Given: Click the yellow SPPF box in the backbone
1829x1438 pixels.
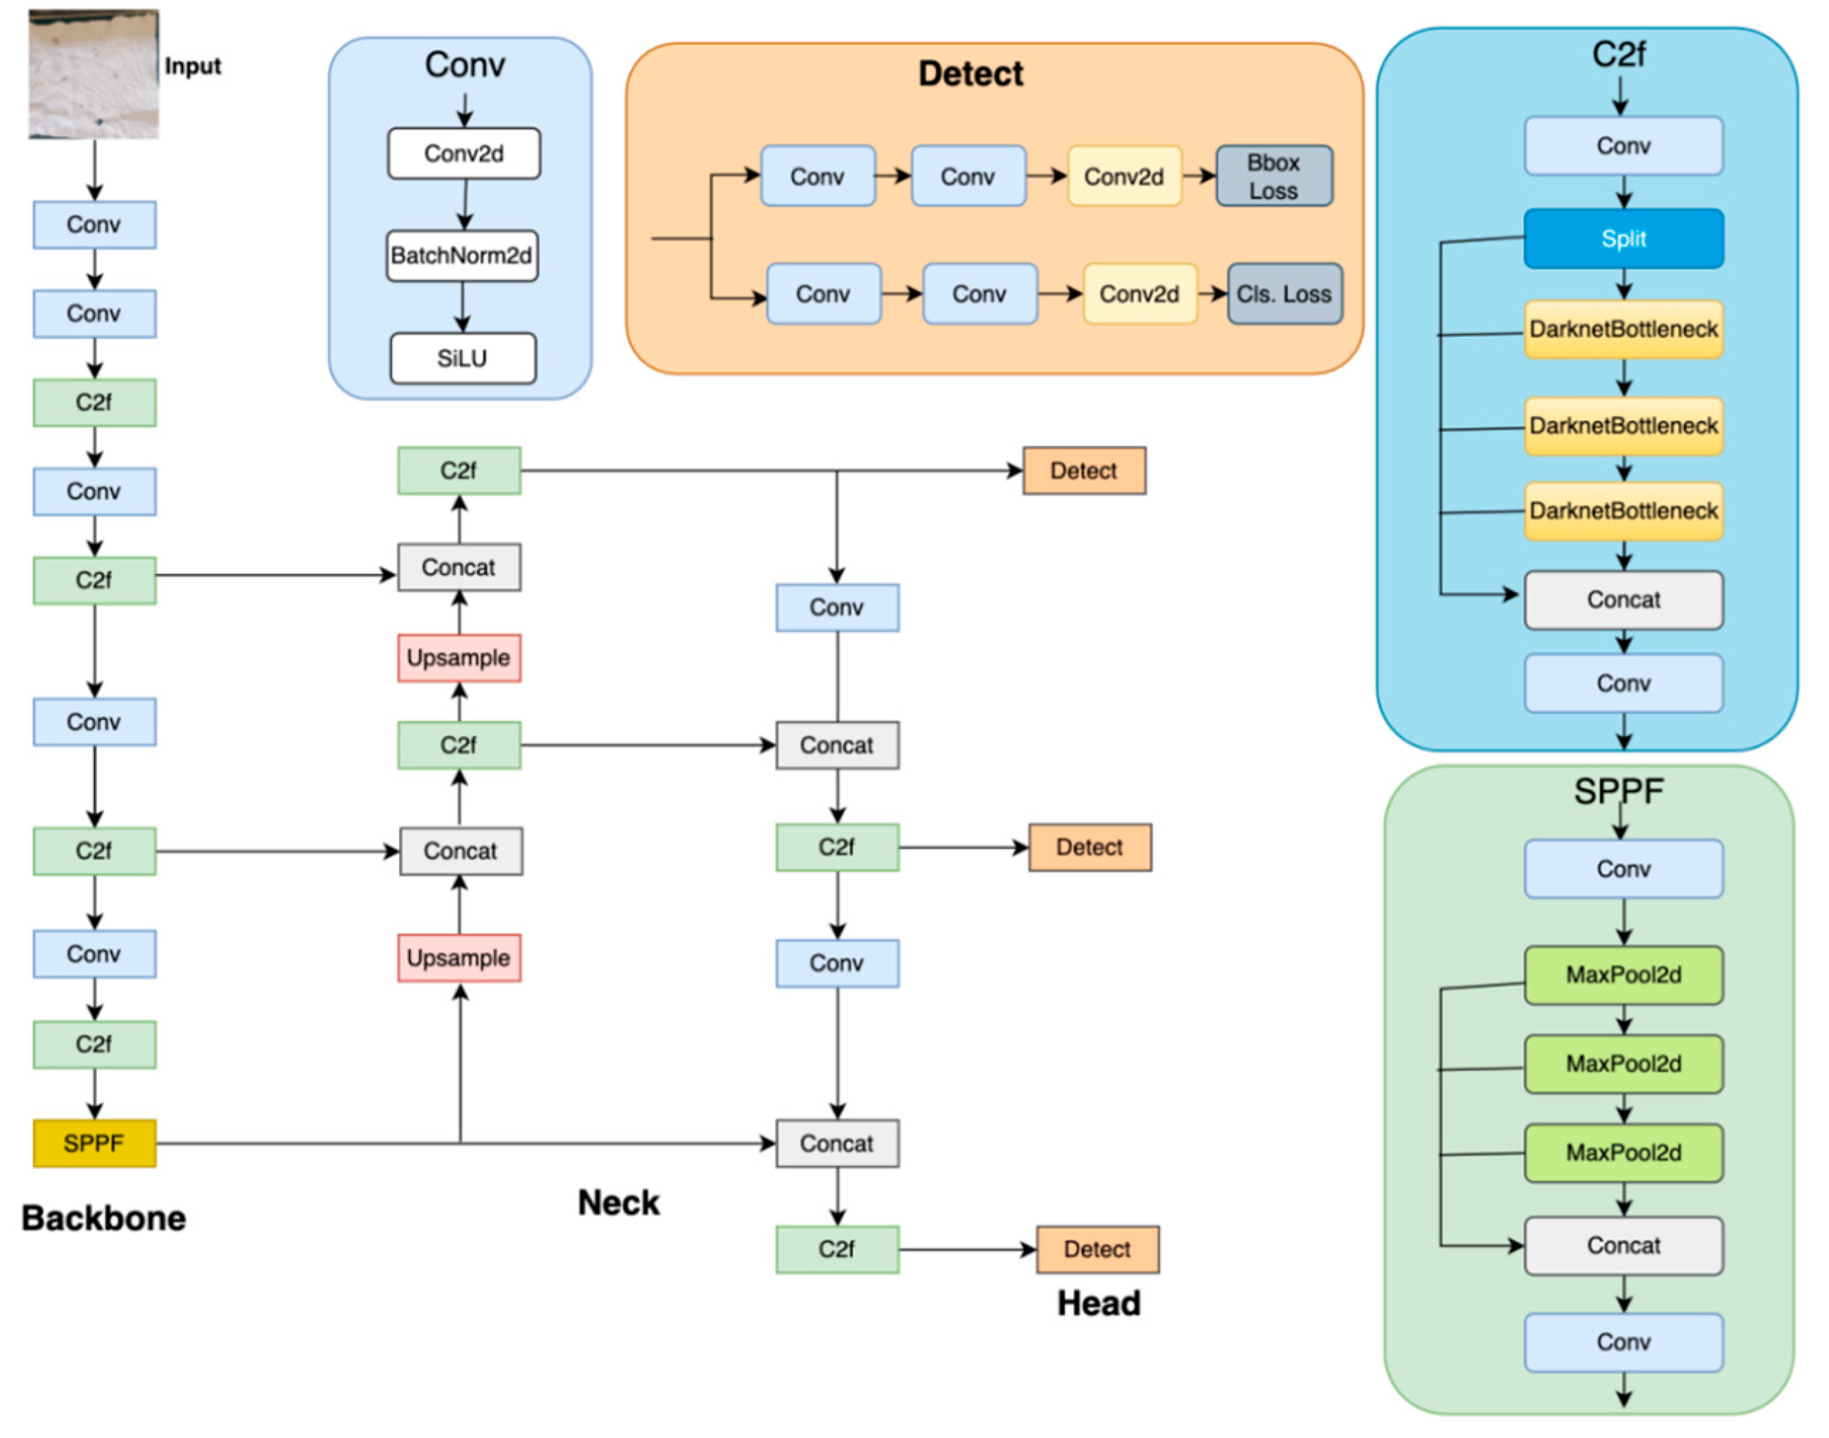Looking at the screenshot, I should [x=94, y=1143].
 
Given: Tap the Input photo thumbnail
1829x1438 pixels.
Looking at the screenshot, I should [x=94, y=74].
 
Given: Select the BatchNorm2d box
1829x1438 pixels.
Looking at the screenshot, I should [x=462, y=256].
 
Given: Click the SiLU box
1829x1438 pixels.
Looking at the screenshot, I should [x=462, y=358].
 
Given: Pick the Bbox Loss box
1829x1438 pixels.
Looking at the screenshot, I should [x=1273, y=176].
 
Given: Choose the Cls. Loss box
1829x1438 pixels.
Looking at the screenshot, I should [x=1285, y=294].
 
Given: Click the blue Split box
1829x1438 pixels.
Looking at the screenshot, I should [x=1622, y=239].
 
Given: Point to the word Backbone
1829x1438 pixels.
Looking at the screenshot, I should [x=104, y=1218].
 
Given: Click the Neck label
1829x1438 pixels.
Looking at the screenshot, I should [x=619, y=1202].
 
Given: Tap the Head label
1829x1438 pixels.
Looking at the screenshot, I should [x=1099, y=1303].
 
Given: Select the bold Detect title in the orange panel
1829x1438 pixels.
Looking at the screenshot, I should [x=970, y=74].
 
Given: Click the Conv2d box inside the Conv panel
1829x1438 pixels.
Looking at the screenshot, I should [x=463, y=153].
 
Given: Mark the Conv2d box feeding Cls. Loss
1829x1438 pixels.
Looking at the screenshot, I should [x=1139, y=294].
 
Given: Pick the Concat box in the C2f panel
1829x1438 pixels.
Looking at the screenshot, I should [x=1622, y=600].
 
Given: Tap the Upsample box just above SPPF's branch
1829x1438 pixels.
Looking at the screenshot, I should [x=458, y=958].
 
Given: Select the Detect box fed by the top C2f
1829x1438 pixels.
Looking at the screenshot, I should [x=1083, y=471].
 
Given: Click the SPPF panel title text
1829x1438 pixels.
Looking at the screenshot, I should [x=1617, y=791].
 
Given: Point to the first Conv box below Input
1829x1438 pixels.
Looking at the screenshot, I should [x=94, y=225].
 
